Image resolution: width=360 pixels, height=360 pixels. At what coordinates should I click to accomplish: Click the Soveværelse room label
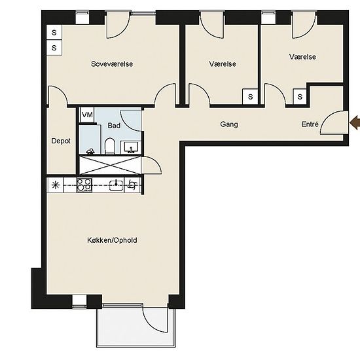click(112, 64)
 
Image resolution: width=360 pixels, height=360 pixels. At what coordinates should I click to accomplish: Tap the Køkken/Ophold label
click(112, 240)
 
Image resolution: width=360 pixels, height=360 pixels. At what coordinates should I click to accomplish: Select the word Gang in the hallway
click(229, 124)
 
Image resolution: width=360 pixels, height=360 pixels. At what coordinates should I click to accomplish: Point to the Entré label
click(310, 124)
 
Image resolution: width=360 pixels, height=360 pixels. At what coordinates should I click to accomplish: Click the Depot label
click(61, 141)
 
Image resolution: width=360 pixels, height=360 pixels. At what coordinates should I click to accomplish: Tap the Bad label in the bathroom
click(114, 126)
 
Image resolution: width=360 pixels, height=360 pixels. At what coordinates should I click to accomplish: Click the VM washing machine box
click(87, 115)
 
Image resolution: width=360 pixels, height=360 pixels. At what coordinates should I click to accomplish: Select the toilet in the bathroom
click(110, 146)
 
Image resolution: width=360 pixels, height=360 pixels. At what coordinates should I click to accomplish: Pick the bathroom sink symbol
click(131, 147)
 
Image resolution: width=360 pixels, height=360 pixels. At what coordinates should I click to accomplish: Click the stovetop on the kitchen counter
click(84, 185)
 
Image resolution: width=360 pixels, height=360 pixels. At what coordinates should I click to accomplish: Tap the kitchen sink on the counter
click(117, 185)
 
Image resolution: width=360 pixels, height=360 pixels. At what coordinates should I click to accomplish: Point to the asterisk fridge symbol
click(56, 185)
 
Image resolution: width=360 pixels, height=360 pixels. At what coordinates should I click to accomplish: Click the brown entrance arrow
click(355, 122)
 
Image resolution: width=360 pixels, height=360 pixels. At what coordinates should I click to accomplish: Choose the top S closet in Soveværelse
click(54, 32)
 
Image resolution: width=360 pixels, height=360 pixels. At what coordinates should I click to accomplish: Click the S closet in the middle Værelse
click(250, 97)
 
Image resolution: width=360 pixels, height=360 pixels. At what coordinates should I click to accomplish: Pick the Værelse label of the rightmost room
click(302, 57)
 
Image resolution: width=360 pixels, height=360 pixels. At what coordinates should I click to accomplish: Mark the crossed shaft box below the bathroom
click(110, 165)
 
